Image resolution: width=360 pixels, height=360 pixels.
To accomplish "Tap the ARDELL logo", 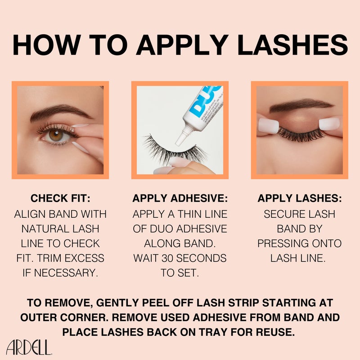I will pyautogui.click(x=29, y=347).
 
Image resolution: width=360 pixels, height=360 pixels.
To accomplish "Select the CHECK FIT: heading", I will pyautogui.click(x=60, y=198).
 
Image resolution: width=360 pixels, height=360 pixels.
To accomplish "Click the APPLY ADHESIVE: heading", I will pyautogui.click(x=180, y=198).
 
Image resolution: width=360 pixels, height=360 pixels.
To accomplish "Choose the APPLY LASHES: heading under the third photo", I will pyautogui.click(x=299, y=198).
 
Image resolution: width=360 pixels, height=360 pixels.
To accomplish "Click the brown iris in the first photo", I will pyautogui.click(x=57, y=135).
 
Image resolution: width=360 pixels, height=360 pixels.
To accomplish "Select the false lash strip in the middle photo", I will pyautogui.click(x=171, y=148).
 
